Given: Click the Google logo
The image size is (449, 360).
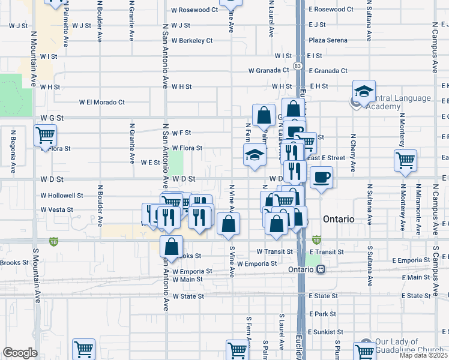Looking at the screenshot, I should tap(20, 353).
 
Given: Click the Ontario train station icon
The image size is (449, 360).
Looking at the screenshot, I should tap(322, 269).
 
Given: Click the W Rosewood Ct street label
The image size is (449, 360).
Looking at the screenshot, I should tap(194, 10).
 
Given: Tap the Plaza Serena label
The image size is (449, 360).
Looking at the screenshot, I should tap(328, 40).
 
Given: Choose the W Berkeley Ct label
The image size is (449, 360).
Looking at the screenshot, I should tap(192, 41).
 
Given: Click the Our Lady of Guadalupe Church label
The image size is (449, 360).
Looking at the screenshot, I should tap(411, 346).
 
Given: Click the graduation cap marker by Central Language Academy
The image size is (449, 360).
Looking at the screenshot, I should tap(364, 91).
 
